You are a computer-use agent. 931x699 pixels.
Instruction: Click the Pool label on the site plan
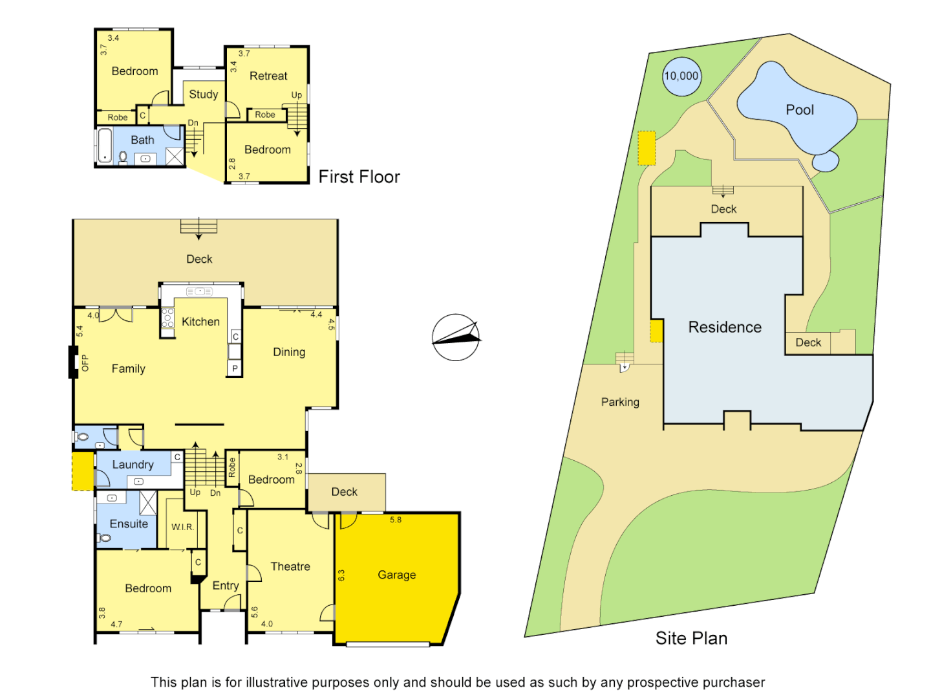[800, 110]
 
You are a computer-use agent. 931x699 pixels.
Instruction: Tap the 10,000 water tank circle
[681, 76]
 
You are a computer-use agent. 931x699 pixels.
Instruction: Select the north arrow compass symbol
[456, 337]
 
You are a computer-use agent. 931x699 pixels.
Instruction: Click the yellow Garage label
[396, 575]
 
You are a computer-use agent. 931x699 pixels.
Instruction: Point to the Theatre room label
[290, 566]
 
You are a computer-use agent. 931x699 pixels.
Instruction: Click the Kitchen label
[200, 322]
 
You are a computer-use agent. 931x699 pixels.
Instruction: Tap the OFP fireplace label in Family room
[85, 363]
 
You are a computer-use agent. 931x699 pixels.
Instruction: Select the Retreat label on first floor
[268, 76]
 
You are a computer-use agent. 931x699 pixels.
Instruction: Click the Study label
[203, 94]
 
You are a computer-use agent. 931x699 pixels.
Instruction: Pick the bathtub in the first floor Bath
[105, 146]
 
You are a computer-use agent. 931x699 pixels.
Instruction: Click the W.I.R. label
[182, 527]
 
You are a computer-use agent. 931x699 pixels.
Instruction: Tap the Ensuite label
[129, 524]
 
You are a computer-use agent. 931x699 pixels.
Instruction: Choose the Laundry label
[133, 464]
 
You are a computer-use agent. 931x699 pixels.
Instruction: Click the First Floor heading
[359, 177]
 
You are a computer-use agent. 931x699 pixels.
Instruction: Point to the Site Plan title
[691, 638]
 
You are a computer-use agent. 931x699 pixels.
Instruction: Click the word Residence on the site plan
[725, 327]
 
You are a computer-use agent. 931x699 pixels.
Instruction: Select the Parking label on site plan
[620, 402]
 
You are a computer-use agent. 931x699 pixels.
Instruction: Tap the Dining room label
[289, 352]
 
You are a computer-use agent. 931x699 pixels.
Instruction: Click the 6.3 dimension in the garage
[341, 575]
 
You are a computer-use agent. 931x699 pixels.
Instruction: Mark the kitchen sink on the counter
[199, 292]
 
